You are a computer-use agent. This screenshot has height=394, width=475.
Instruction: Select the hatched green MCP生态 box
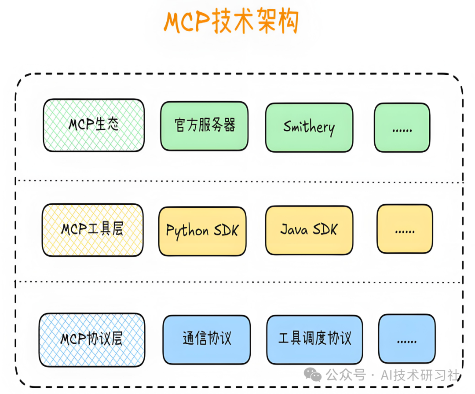tap(94, 125)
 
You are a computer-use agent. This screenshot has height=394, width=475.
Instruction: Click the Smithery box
tap(309, 128)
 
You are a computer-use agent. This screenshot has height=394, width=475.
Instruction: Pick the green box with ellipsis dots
tap(402, 128)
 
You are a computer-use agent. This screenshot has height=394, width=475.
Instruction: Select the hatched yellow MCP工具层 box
tap(93, 230)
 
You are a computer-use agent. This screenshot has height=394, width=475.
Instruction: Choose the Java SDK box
tap(309, 230)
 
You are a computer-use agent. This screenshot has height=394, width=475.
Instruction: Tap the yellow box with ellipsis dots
tap(405, 229)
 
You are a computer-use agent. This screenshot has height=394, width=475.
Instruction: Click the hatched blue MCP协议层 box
tap(91, 340)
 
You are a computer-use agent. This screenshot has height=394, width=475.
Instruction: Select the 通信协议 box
tap(206, 339)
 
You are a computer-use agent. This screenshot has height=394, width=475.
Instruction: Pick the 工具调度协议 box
tap(315, 339)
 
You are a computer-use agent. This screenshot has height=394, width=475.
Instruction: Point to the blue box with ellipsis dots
tap(406, 339)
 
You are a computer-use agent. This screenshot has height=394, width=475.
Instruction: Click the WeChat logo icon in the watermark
tap(315, 376)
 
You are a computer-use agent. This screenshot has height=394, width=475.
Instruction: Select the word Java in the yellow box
tap(294, 230)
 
